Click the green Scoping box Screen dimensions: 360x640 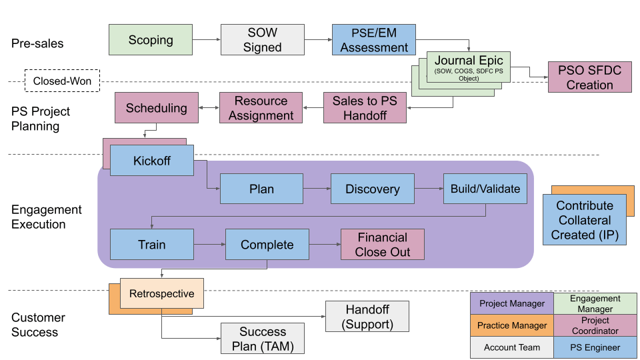point(150,40)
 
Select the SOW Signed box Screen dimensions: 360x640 point(262,40)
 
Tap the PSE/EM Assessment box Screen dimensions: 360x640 point(373,40)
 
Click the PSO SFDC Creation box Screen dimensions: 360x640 point(589,77)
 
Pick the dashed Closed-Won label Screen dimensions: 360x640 point(62,82)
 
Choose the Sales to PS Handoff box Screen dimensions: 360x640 point(365,108)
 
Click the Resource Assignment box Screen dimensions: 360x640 point(261,108)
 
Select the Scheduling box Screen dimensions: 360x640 point(156,108)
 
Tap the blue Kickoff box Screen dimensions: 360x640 point(152,161)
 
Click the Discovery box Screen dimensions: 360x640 point(372,189)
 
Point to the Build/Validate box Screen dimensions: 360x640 point(485,189)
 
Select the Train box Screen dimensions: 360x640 point(151,245)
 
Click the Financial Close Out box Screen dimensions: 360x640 point(382,245)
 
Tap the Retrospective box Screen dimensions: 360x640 point(161,294)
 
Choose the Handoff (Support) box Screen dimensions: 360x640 point(367,317)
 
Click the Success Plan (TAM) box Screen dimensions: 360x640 point(262,339)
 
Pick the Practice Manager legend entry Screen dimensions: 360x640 point(512,325)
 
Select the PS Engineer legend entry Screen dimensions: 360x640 point(595,347)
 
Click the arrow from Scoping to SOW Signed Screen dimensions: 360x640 point(206,40)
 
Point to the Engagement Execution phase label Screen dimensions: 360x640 point(47,217)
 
